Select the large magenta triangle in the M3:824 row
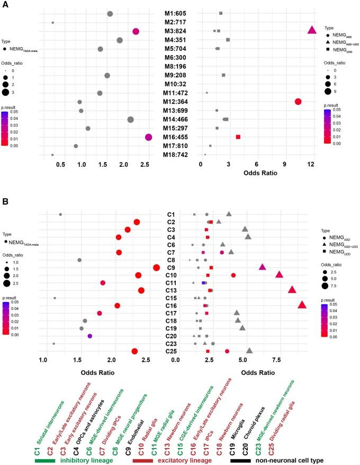[312, 31]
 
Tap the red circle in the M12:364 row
[298, 102]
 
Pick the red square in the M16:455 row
[238, 137]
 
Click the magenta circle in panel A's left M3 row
[136, 32]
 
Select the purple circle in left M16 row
[149, 137]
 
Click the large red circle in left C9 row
[156, 267]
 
